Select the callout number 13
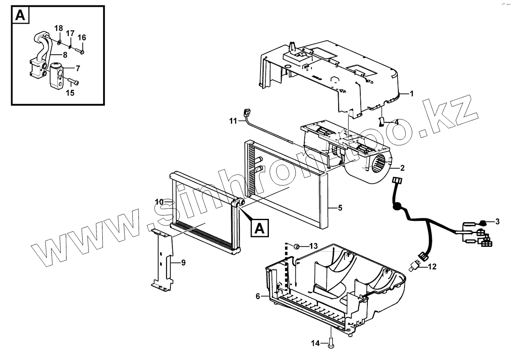pos(314,245)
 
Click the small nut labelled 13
pos(297,245)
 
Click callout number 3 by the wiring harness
pos(497,221)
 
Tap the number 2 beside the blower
pos(402,168)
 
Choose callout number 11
pos(233,121)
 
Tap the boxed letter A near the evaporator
pos(259,228)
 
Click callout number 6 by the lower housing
pos(258,296)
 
